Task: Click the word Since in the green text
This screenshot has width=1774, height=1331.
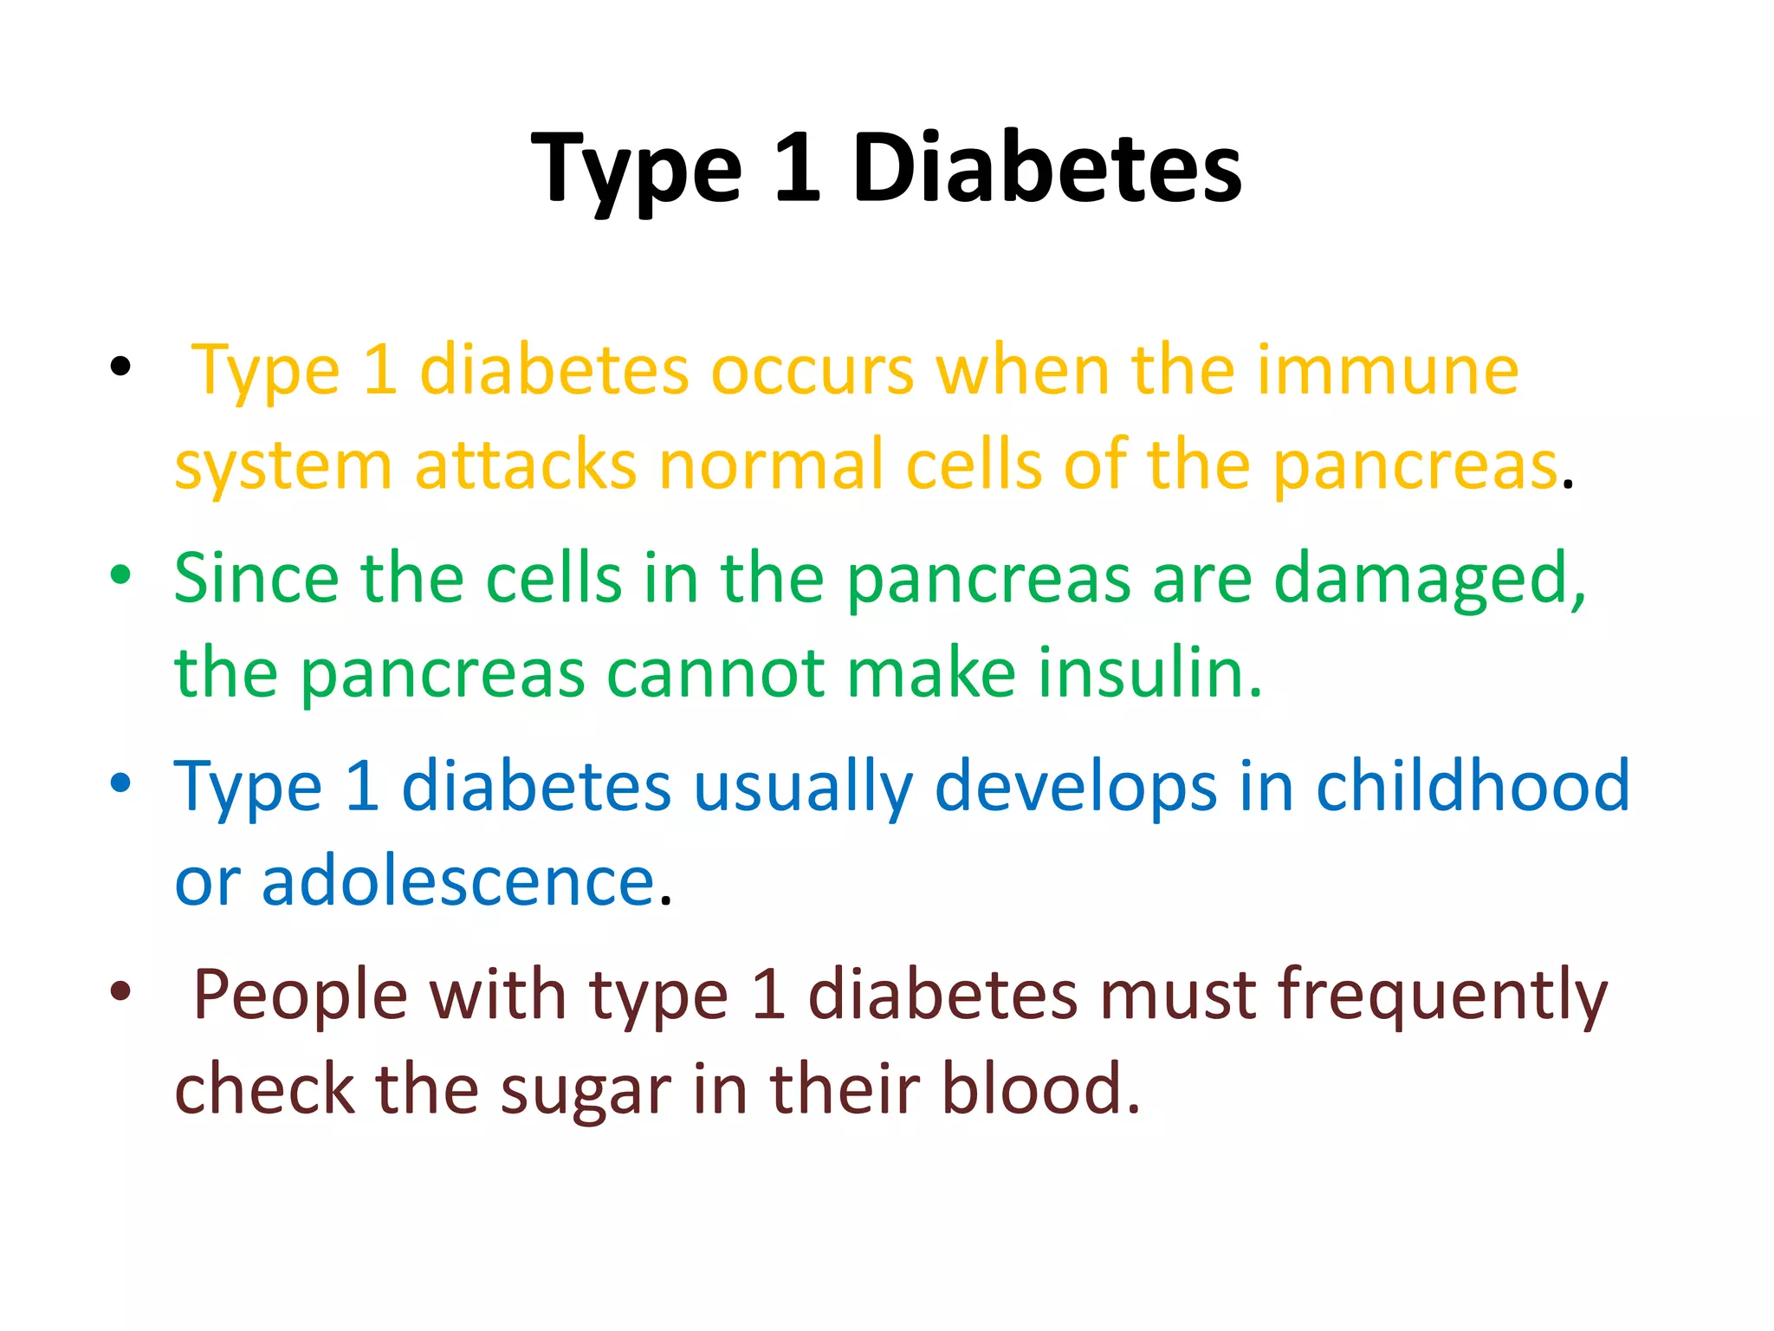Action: coord(256,578)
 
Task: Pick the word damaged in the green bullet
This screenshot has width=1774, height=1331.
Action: coord(1429,580)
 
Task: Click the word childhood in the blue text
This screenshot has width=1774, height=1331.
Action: coord(1473,786)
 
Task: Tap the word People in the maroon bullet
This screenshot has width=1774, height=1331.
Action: coord(300,995)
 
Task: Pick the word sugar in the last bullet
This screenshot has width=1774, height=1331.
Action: coord(586,1091)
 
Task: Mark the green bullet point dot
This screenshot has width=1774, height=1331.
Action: coord(120,574)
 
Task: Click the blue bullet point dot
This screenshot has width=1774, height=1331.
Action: coord(120,782)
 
